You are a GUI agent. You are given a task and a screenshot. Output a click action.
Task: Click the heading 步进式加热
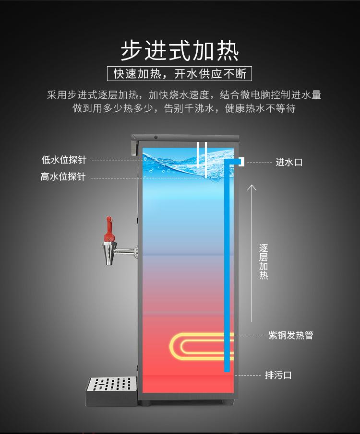click(180, 51)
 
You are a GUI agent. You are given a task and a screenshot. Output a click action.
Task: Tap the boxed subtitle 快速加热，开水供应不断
click(180, 74)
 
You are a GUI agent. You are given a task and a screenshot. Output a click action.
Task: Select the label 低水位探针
click(64, 160)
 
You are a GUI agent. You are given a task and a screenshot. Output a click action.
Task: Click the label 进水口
click(289, 163)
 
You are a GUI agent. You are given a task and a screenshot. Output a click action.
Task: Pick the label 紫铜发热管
click(291, 335)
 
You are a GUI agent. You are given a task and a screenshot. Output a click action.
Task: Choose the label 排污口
click(278, 375)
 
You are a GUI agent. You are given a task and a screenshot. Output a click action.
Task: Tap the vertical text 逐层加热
click(264, 261)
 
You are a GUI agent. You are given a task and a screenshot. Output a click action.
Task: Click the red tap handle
click(110, 229)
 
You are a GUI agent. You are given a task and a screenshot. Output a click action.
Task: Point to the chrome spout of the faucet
click(109, 253)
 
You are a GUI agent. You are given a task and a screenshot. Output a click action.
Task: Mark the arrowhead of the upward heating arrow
click(252, 186)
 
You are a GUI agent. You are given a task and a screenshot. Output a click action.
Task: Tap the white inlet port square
click(242, 162)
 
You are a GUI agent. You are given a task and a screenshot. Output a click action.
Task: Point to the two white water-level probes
click(201, 158)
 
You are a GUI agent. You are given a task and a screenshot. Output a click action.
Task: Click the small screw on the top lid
click(156, 137)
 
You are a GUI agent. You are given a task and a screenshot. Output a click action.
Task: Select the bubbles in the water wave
click(163, 168)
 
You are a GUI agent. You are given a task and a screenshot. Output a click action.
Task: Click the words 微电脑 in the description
click(254, 95)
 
